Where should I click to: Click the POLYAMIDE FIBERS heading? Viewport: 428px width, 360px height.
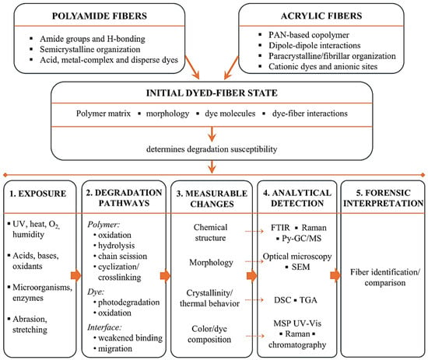pos(100,16)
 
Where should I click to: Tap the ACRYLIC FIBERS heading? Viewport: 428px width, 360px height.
pos(321,16)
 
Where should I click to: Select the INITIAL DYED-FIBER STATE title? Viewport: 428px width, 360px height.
pos(212,93)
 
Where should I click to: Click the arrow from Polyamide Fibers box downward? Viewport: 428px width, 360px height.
pos(192,68)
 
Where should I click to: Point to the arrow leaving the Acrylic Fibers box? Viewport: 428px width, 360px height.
pos(231,68)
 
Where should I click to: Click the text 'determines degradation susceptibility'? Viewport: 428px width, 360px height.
pos(212,149)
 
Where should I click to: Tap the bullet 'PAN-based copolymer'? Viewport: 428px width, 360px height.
pos(309,35)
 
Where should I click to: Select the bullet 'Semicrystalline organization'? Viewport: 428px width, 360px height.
pos(90,49)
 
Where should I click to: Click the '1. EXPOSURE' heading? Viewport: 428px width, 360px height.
pos(38,194)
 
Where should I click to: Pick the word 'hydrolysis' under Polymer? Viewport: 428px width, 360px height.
pos(117,246)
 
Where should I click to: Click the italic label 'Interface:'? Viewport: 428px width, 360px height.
pos(104,327)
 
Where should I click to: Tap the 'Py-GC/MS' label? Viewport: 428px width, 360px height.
pos(302,239)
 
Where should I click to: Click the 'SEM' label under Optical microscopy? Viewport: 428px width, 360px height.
pos(301,267)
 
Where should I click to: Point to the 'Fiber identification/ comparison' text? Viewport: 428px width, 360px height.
pos(385,278)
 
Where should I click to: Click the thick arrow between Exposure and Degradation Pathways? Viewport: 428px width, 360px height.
pos(76,275)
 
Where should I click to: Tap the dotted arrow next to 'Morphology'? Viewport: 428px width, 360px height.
pos(254,261)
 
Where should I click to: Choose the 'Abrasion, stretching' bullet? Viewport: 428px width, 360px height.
pos(30,324)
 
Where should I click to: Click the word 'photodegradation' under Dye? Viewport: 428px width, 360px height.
pos(129,302)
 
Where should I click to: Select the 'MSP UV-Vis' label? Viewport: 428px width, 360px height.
pos(297,323)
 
